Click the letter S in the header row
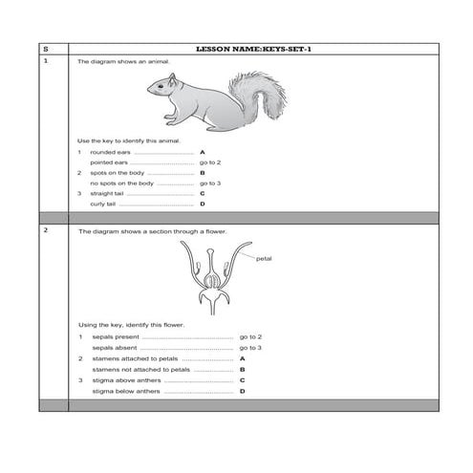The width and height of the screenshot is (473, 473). coord(46,48)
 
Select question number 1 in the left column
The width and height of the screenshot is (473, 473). coord(46,60)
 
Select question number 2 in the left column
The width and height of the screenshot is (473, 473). coord(46,231)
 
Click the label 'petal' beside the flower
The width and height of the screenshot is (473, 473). coord(265,258)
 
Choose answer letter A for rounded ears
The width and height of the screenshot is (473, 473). coord(203,152)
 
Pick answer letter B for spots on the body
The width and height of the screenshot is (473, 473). coord(203,172)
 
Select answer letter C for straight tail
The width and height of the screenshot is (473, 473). coord(203,193)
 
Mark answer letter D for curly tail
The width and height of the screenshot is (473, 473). coord(203,204)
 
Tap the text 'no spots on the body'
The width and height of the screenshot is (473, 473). coord(121,183)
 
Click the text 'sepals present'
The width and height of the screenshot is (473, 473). coord(116,337)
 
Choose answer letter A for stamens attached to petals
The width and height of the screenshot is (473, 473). coord(243,358)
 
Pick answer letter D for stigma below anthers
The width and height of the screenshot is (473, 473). coord(243,391)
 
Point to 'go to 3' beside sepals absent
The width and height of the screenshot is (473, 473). coord(250,348)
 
